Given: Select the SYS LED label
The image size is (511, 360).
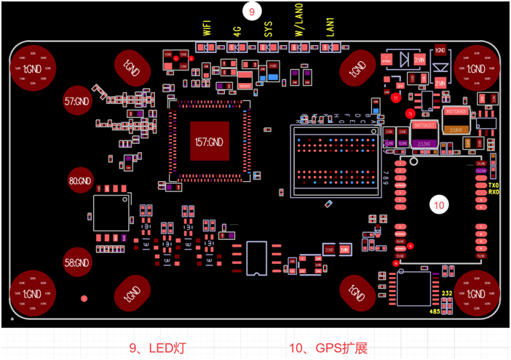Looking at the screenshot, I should pyautogui.click(x=269, y=29).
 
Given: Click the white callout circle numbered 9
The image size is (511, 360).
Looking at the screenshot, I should pyautogui.click(x=252, y=12).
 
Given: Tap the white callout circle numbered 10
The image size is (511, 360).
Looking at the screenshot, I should pyautogui.click(x=440, y=206).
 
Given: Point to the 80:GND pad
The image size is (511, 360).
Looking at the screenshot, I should pyautogui.click(x=80, y=180).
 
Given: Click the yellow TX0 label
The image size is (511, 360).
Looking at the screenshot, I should pyautogui.click(x=493, y=185).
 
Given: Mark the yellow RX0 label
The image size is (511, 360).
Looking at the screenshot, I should pyautogui.click(x=493, y=193).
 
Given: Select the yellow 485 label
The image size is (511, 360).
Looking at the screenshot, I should pyautogui.click(x=435, y=312).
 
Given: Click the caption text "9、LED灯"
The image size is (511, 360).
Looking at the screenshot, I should pyautogui.click(x=157, y=348).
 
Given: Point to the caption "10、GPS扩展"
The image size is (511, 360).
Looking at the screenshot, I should pyautogui.click(x=328, y=348).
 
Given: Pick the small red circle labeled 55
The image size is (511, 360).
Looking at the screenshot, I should pyautogui.click(x=396, y=97).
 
